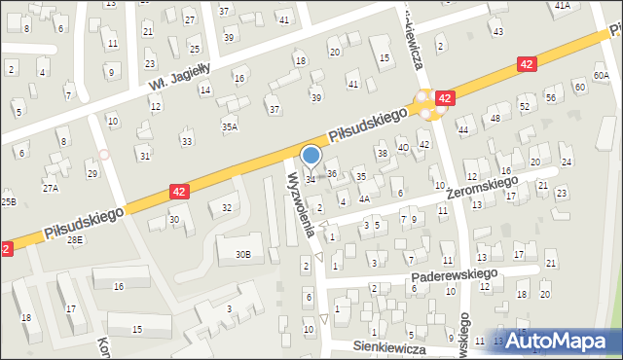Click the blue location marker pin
[311, 156]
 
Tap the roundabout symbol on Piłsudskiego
[424, 102]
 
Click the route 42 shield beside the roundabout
[445, 98]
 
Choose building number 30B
[242, 255]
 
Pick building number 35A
[229, 126]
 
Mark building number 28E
[75, 239]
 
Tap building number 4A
[363, 198]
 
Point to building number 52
[524, 106]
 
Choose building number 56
[550, 98]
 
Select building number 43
[497, 32]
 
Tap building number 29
[92, 174]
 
